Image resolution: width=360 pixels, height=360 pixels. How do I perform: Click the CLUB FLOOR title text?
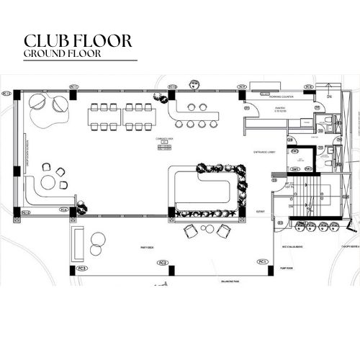pos(78,40)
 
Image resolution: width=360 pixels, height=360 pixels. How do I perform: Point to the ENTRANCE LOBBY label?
pos(266,151)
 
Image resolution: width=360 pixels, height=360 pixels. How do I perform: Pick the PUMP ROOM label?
pos(283,266)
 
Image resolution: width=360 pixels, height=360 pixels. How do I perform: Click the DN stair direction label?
pos(328,96)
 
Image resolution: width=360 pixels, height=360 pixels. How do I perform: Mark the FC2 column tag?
pos(163,263)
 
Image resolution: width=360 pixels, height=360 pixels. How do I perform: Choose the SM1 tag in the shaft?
pos(295,168)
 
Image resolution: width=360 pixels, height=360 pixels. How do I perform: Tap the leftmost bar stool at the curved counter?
pos(179,124)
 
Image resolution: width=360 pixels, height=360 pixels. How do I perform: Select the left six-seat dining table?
pos(104,117)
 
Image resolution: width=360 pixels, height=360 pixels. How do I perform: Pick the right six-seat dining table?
pos(136,117)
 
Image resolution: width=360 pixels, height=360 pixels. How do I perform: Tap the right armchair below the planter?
pos(225,231)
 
